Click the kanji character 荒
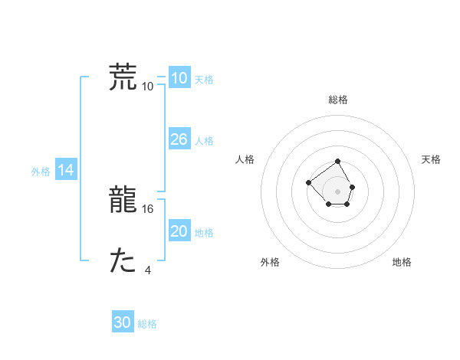(123, 77)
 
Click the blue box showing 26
(179, 139)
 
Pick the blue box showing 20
(179, 231)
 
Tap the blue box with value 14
(66, 171)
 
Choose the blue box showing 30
(123, 322)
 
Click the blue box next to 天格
(179, 78)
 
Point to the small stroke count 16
(149, 208)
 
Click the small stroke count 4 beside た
(148, 270)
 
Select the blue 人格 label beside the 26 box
(204, 141)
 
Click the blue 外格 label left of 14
(41, 172)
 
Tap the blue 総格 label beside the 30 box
(147, 324)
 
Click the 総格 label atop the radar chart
(338, 100)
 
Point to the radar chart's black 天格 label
(431, 159)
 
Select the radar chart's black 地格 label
(402, 263)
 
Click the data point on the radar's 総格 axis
(338, 161)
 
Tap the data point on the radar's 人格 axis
(308, 182)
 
